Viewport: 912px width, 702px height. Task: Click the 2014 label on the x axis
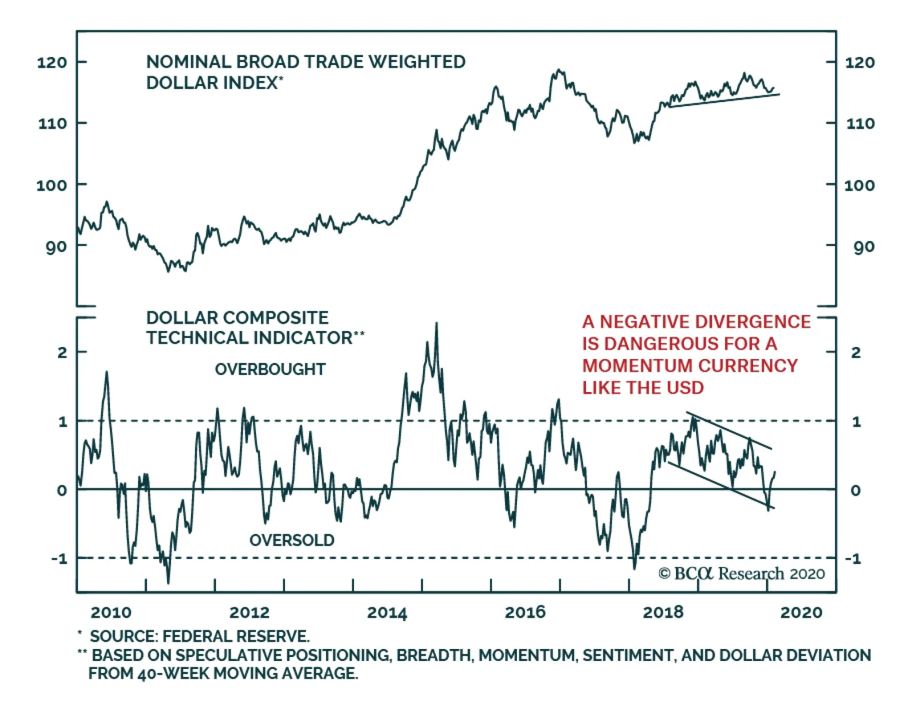(x=387, y=613)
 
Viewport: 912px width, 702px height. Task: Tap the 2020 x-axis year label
(x=801, y=613)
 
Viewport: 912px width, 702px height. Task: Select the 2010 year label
(x=111, y=613)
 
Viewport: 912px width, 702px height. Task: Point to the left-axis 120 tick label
(x=52, y=62)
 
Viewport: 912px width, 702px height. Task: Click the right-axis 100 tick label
(x=859, y=185)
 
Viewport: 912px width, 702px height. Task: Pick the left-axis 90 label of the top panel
(x=56, y=247)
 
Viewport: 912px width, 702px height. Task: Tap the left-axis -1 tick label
(x=59, y=558)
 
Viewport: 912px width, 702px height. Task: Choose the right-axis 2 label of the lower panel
(x=856, y=353)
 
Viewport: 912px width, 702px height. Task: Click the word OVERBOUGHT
(x=270, y=369)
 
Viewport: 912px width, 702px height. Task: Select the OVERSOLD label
(x=292, y=540)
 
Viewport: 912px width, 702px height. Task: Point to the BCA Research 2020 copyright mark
(x=742, y=573)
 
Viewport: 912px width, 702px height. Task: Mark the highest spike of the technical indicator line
(x=437, y=324)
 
